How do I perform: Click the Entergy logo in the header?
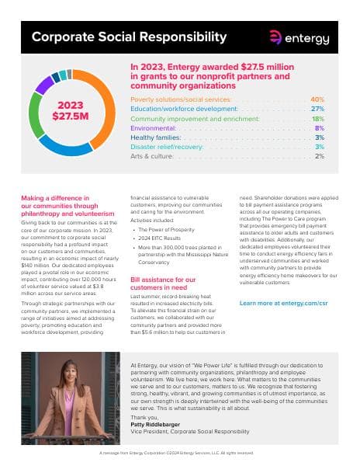[x=298, y=37]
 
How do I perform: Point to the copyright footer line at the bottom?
[x=180, y=451]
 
